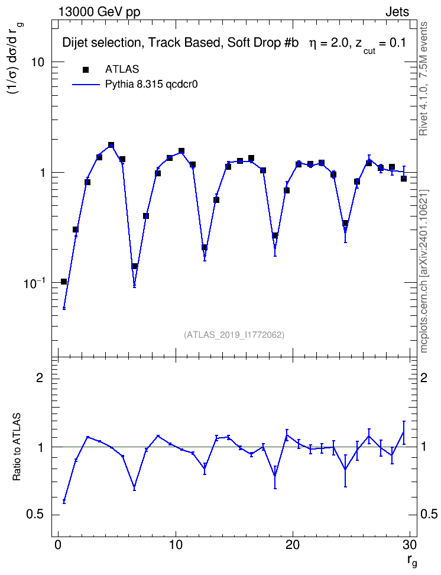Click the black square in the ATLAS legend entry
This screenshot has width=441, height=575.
point(86,70)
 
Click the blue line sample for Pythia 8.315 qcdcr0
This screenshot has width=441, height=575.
point(86,85)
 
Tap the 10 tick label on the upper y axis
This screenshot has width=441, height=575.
point(37,62)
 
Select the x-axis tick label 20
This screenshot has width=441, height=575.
point(292,545)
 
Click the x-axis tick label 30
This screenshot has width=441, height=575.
point(410,545)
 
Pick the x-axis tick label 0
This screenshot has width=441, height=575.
point(58,545)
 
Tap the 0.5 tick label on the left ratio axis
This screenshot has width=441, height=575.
point(35,515)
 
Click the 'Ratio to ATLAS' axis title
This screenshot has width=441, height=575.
point(17,447)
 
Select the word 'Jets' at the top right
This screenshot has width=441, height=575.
point(397,12)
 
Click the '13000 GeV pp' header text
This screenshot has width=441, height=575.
point(99,12)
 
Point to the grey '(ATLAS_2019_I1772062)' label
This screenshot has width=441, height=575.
point(234,335)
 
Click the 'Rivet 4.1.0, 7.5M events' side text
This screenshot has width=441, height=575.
point(423,79)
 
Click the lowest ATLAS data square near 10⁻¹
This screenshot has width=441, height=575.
point(64,282)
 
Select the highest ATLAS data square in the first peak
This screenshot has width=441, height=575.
point(111,145)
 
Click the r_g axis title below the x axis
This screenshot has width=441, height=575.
point(412,561)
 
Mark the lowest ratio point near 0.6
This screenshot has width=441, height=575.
point(64,501)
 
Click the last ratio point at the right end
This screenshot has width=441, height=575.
point(404,432)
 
